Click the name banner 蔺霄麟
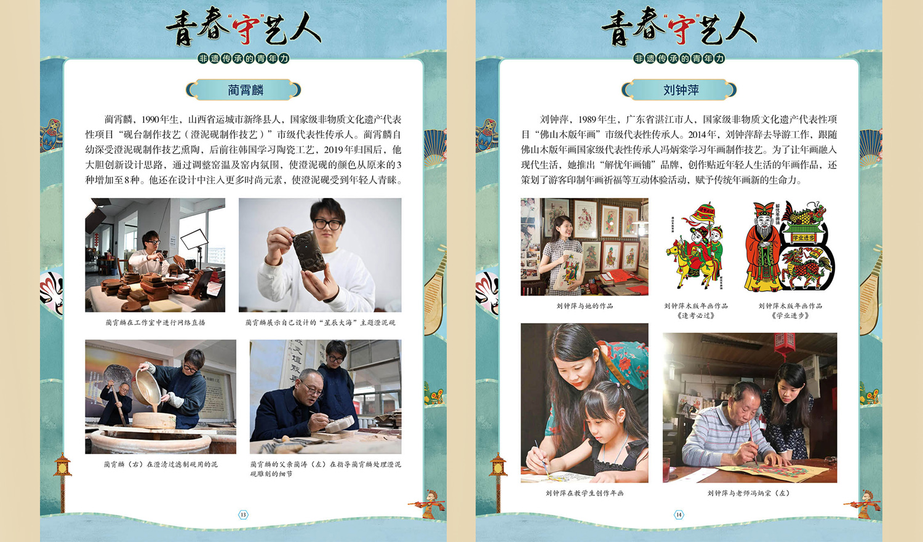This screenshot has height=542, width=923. (x=243, y=90)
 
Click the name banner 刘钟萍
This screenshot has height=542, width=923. (x=679, y=90)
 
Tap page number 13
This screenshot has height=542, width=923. (x=243, y=514)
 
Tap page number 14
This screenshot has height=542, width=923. (x=679, y=514)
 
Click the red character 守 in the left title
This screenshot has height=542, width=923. (x=246, y=28)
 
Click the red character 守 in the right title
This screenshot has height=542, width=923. (x=682, y=28)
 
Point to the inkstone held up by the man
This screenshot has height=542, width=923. (x=309, y=251)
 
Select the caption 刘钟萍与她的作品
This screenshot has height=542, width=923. (x=585, y=306)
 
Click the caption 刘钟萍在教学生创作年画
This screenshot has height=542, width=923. (x=585, y=493)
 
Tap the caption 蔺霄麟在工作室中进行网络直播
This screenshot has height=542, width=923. (x=155, y=322)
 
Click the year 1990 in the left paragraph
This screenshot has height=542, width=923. (x=150, y=119)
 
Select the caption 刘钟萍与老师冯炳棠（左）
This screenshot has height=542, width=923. (x=748, y=493)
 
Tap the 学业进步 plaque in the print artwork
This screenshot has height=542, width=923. (x=804, y=237)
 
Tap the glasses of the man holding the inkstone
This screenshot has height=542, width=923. (x=327, y=225)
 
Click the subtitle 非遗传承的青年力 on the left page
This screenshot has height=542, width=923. (x=243, y=58)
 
